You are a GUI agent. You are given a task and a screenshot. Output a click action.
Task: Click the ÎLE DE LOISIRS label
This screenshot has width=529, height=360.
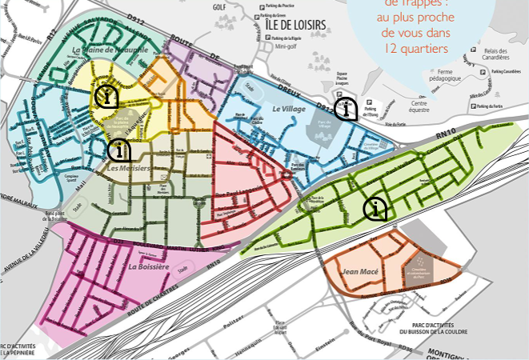pos(295,25)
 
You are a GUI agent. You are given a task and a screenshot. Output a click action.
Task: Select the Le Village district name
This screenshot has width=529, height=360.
pos(288,108)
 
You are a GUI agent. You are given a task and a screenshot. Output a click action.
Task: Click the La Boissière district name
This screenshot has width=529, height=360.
pos(148,266)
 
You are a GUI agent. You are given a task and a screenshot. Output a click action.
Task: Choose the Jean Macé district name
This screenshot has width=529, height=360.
pos(360,271)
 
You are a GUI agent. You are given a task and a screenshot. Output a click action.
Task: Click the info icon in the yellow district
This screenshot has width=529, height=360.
pos(106,96)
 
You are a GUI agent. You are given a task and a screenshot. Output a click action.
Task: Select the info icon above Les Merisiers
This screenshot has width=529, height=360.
pos(119,149)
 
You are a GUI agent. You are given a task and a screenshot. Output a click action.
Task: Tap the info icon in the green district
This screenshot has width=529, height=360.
pos(375,210)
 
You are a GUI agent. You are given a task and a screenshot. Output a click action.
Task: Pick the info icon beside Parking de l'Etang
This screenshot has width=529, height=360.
pos(346,108)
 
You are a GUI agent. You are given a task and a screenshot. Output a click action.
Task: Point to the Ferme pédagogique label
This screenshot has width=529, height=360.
pos(451,76)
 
